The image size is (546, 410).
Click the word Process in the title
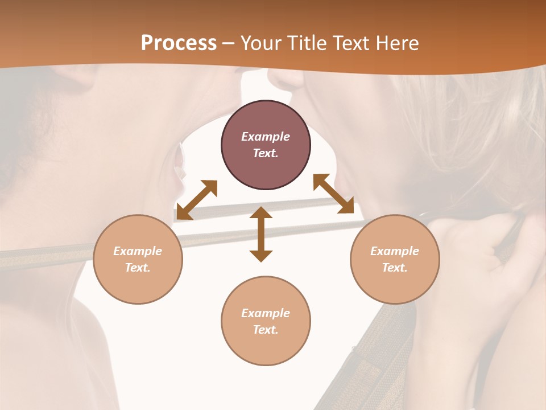pyautogui.click(x=179, y=43)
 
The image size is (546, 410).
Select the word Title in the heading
pyautogui.click(x=307, y=43)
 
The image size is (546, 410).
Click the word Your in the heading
pyautogui.click(x=262, y=43)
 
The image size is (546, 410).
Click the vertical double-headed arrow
pyautogui.click(x=261, y=234)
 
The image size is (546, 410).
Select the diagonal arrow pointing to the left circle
pyautogui.click(x=197, y=199)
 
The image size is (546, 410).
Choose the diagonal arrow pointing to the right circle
pyautogui.click(x=333, y=194)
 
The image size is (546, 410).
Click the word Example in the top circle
pyautogui.click(x=266, y=137)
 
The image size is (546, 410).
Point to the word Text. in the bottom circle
pyautogui.click(x=266, y=330)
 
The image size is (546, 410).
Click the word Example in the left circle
pyautogui.click(x=138, y=251)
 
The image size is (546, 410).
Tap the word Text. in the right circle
pyautogui.click(x=395, y=268)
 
